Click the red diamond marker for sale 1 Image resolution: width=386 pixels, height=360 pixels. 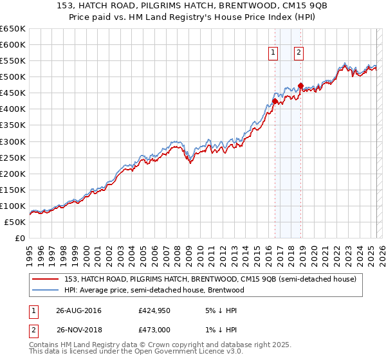[275, 101]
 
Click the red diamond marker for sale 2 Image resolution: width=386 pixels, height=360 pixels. [300, 85]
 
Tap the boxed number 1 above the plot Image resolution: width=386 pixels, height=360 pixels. [273, 53]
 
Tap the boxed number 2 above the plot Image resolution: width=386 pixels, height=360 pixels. [299, 53]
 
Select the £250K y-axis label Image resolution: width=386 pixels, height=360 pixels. [13, 157]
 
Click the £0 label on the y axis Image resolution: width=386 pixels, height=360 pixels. [19, 238]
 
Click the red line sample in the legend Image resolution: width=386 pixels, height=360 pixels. [46, 279]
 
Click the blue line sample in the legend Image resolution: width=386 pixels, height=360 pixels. [46, 290]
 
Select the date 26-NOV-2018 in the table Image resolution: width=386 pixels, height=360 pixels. [79, 330]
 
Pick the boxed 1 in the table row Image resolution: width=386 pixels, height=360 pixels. [33, 310]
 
